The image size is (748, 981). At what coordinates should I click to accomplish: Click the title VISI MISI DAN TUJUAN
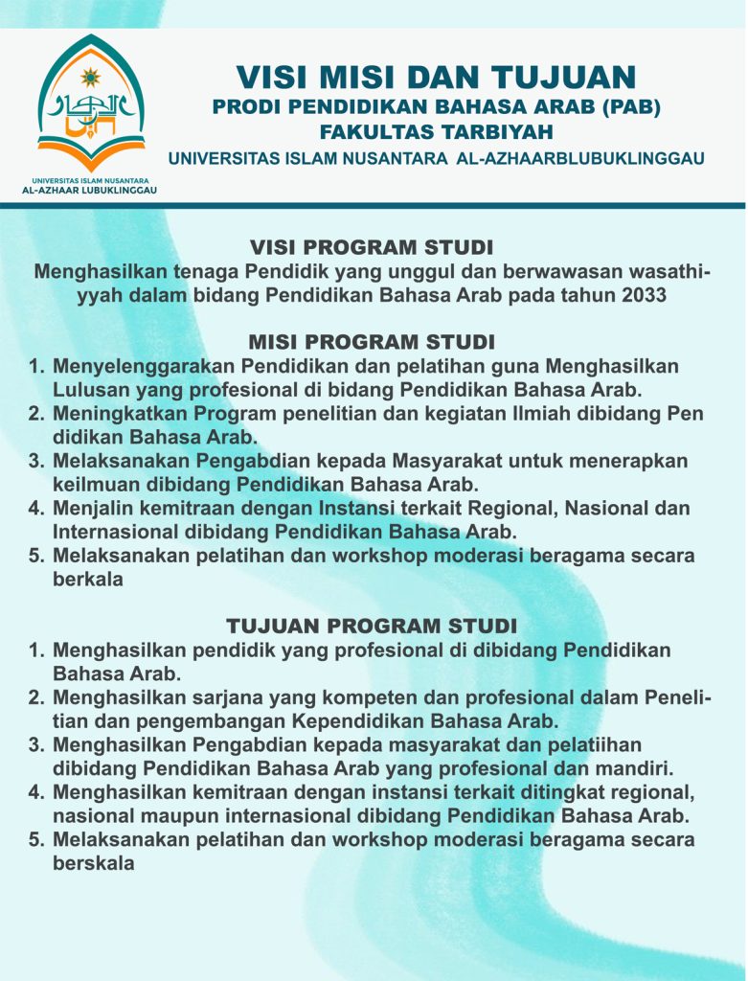pyautogui.click(x=436, y=77)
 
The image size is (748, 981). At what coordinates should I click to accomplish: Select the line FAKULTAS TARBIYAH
pyautogui.click(x=436, y=131)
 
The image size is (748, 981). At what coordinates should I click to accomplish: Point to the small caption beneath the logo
pyautogui.click(x=91, y=185)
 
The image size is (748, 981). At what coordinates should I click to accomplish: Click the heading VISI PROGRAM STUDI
pyautogui.click(x=372, y=247)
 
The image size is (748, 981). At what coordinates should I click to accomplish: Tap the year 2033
pyautogui.click(x=636, y=295)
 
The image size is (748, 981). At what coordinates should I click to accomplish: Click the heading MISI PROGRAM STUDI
pyautogui.click(x=372, y=342)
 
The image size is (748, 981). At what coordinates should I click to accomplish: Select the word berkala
pyautogui.click(x=88, y=580)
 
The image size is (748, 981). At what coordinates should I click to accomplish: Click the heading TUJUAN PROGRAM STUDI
pyautogui.click(x=372, y=626)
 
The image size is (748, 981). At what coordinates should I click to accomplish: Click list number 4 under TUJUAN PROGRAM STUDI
pyautogui.click(x=37, y=792)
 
